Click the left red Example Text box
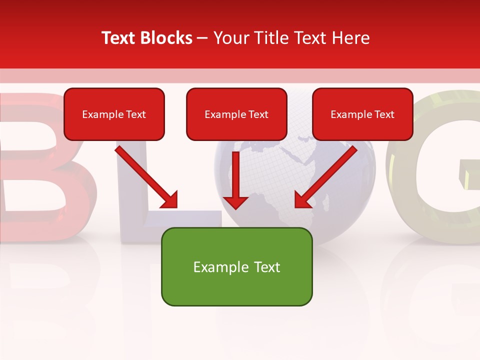(114, 114)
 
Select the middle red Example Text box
(236, 114)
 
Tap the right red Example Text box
(362, 114)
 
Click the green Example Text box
(236, 266)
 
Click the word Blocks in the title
(166, 38)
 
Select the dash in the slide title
(202, 38)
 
